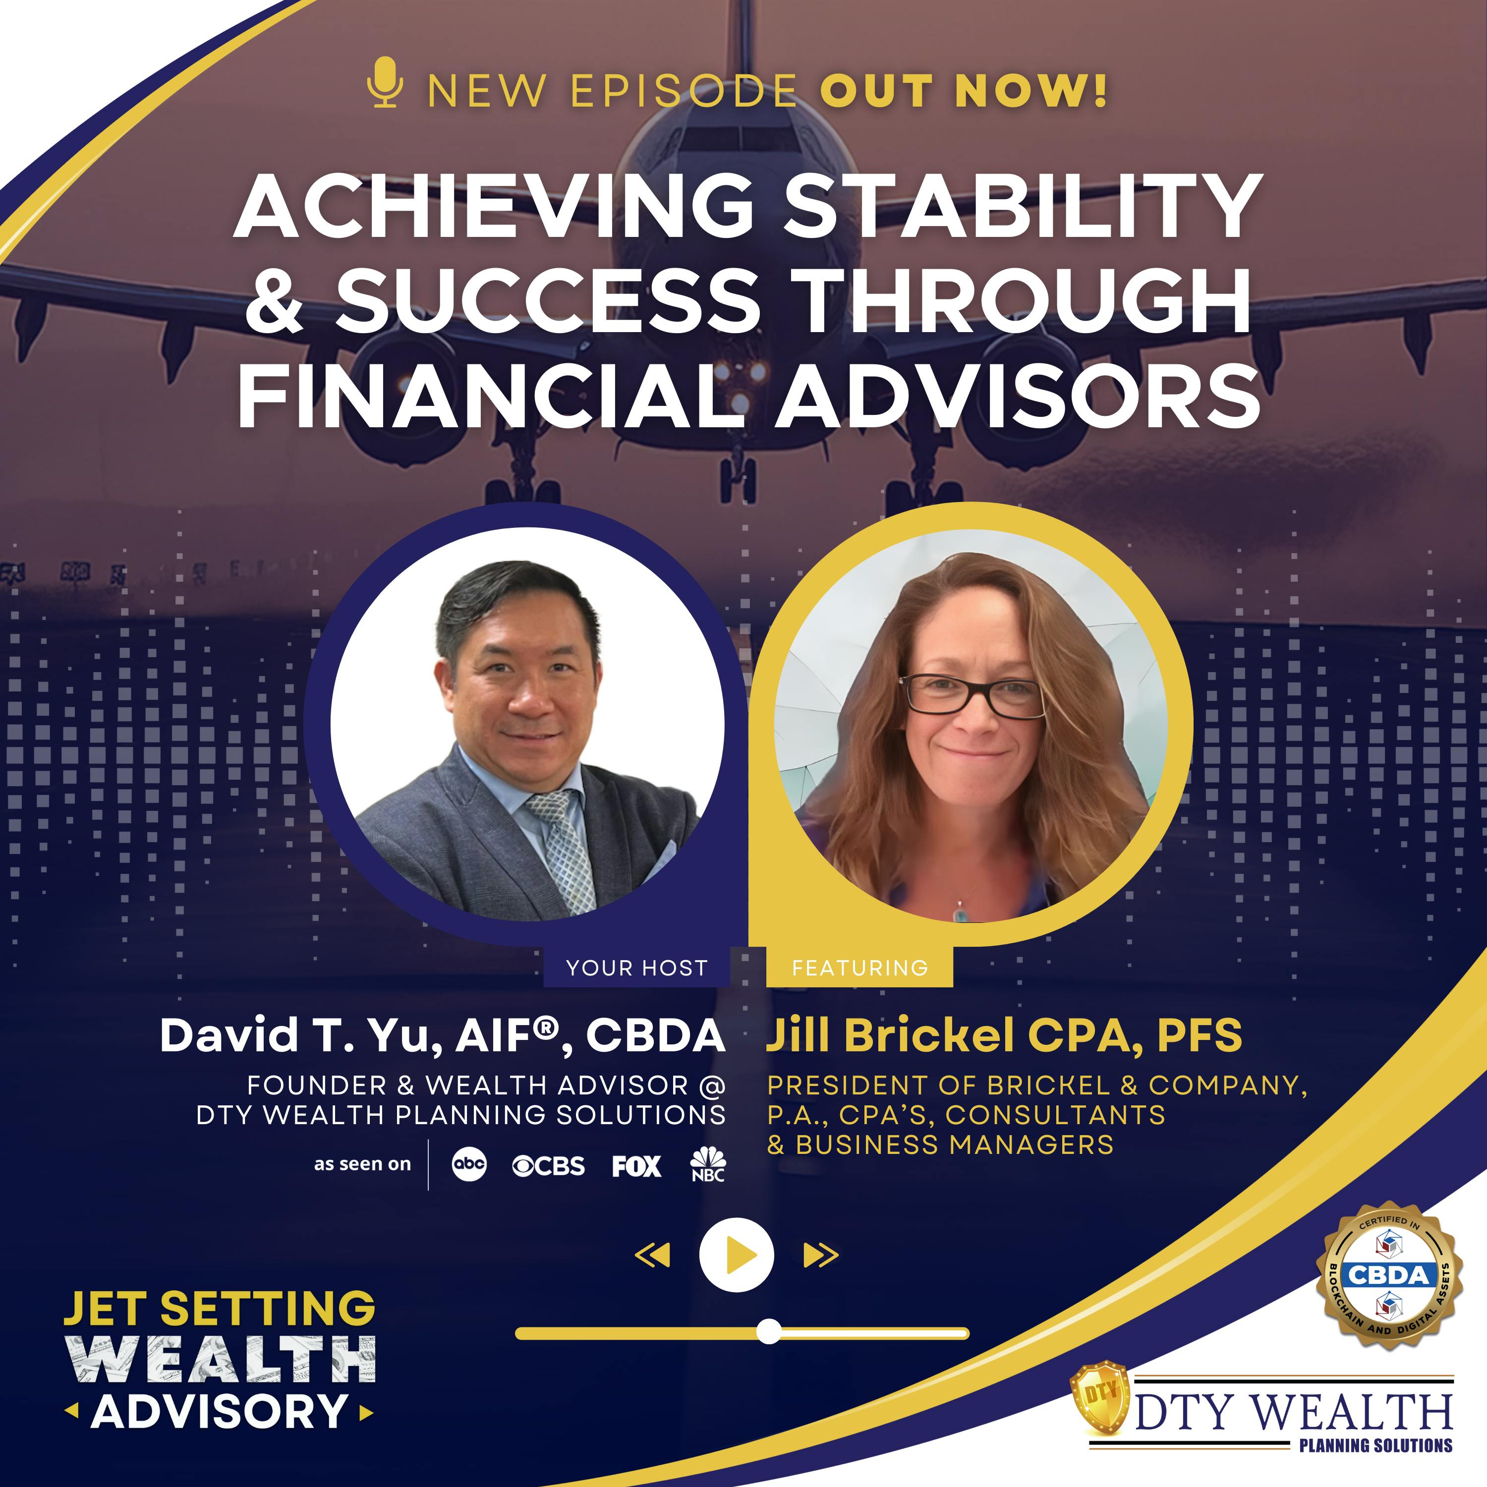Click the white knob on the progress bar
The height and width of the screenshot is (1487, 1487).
click(768, 1331)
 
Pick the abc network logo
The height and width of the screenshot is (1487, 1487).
click(469, 1164)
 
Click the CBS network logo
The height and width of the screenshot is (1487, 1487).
click(548, 1166)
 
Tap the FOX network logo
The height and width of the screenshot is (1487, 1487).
click(636, 1166)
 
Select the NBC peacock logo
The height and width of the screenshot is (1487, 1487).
click(707, 1164)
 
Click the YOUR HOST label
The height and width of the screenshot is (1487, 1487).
click(636, 968)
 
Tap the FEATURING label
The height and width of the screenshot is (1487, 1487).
click(859, 968)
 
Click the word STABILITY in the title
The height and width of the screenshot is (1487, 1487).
click(1024, 206)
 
